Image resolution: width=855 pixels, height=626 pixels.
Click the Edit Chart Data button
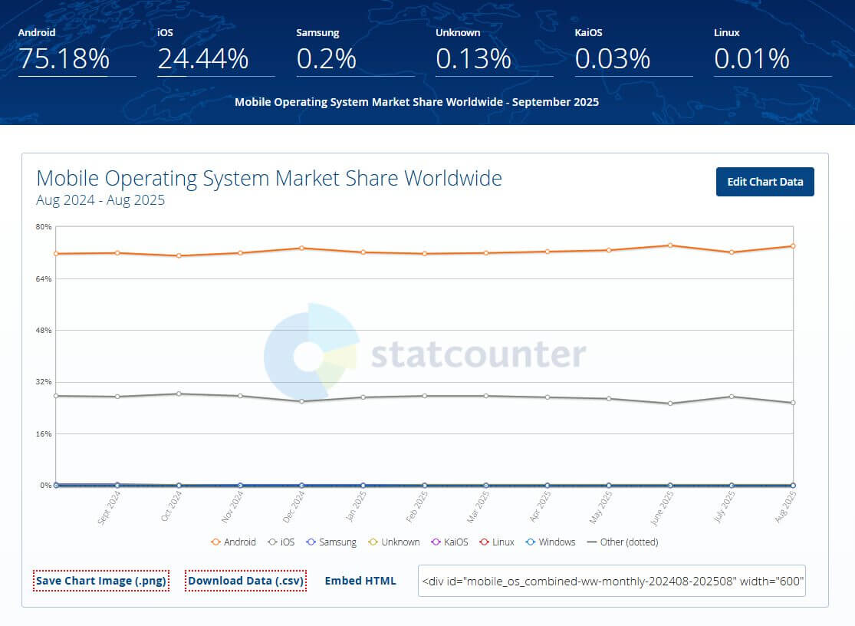tap(765, 182)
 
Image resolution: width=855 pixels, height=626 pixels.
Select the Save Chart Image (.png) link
tap(100, 581)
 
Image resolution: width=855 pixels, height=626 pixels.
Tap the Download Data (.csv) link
tap(246, 581)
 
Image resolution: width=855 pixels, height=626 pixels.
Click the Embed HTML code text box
tap(611, 581)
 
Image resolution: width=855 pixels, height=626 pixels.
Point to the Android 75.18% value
tap(64, 59)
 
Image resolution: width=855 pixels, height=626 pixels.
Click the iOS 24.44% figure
tap(203, 59)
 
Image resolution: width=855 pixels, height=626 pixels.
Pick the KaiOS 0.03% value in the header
tap(612, 59)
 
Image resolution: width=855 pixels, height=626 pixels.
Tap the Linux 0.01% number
tap(751, 59)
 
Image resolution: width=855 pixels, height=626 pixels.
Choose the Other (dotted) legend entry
tap(622, 542)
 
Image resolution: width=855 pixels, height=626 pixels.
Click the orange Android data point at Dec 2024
tap(301, 248)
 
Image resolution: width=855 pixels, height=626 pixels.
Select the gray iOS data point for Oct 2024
tap(179, 394)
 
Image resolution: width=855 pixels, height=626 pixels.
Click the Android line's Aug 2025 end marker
tap(793, 246)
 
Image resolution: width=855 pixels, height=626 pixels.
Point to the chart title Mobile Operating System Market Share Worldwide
tap(269, 179)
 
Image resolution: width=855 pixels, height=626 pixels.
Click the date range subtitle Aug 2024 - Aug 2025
tap(100, 201)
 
